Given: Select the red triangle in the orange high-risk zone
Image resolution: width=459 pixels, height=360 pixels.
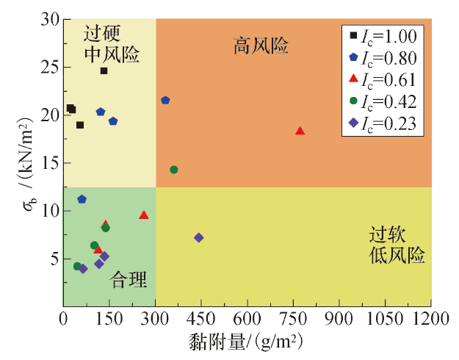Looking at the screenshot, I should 300,131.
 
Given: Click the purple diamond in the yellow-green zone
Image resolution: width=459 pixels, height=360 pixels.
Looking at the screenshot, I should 198,237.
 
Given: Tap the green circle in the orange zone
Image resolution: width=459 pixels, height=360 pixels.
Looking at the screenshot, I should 174,170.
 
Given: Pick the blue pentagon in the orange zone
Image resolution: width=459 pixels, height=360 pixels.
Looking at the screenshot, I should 165,100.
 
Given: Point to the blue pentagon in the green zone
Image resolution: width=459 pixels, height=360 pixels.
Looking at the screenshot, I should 82,199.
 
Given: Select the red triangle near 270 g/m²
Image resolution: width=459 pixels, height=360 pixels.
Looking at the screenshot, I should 144,215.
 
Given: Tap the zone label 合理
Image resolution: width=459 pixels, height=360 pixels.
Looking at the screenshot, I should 129,279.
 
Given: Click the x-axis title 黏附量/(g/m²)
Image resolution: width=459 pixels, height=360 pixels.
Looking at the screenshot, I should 247,342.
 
